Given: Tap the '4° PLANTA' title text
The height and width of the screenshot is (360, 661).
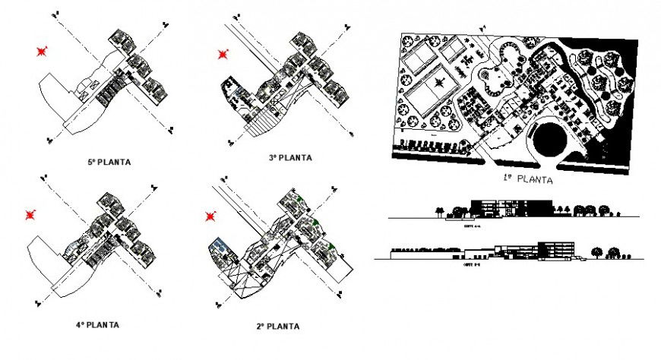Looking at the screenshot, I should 97,324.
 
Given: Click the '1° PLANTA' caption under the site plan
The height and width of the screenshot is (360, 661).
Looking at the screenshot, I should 527,181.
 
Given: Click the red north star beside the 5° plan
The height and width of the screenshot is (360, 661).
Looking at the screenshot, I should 41,51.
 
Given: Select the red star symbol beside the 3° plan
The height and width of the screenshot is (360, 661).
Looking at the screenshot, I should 222,54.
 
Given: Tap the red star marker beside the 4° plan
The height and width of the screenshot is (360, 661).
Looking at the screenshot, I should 31,216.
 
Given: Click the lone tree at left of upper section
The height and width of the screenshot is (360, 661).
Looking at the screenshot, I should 438,211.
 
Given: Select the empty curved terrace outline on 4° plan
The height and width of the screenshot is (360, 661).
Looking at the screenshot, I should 46,262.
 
